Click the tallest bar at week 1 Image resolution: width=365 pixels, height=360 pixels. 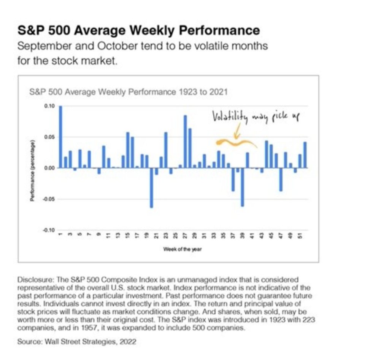click(x=60, y=137)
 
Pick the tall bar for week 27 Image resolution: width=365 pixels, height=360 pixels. click(x=185, y=141)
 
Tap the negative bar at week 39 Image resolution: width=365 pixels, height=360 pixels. click(x=243, y=187)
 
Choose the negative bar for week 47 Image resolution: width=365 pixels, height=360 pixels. click(x=281, y=179)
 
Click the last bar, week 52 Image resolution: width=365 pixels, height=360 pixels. click(x=305, y=155)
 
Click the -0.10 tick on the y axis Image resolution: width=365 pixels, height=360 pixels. click(x=49, y=230)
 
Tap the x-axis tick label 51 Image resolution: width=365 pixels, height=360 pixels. click(x=300, y=236)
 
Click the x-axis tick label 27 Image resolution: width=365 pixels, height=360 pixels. click(x=185, y=236)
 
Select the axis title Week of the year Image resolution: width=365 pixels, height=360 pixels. click(x=182, y=249)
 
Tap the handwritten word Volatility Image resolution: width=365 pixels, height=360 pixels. click(x=230, y=117)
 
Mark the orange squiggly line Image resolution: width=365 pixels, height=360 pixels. click(x=236, y=143)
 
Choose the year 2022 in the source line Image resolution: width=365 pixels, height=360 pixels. click(x=127, y=341)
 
